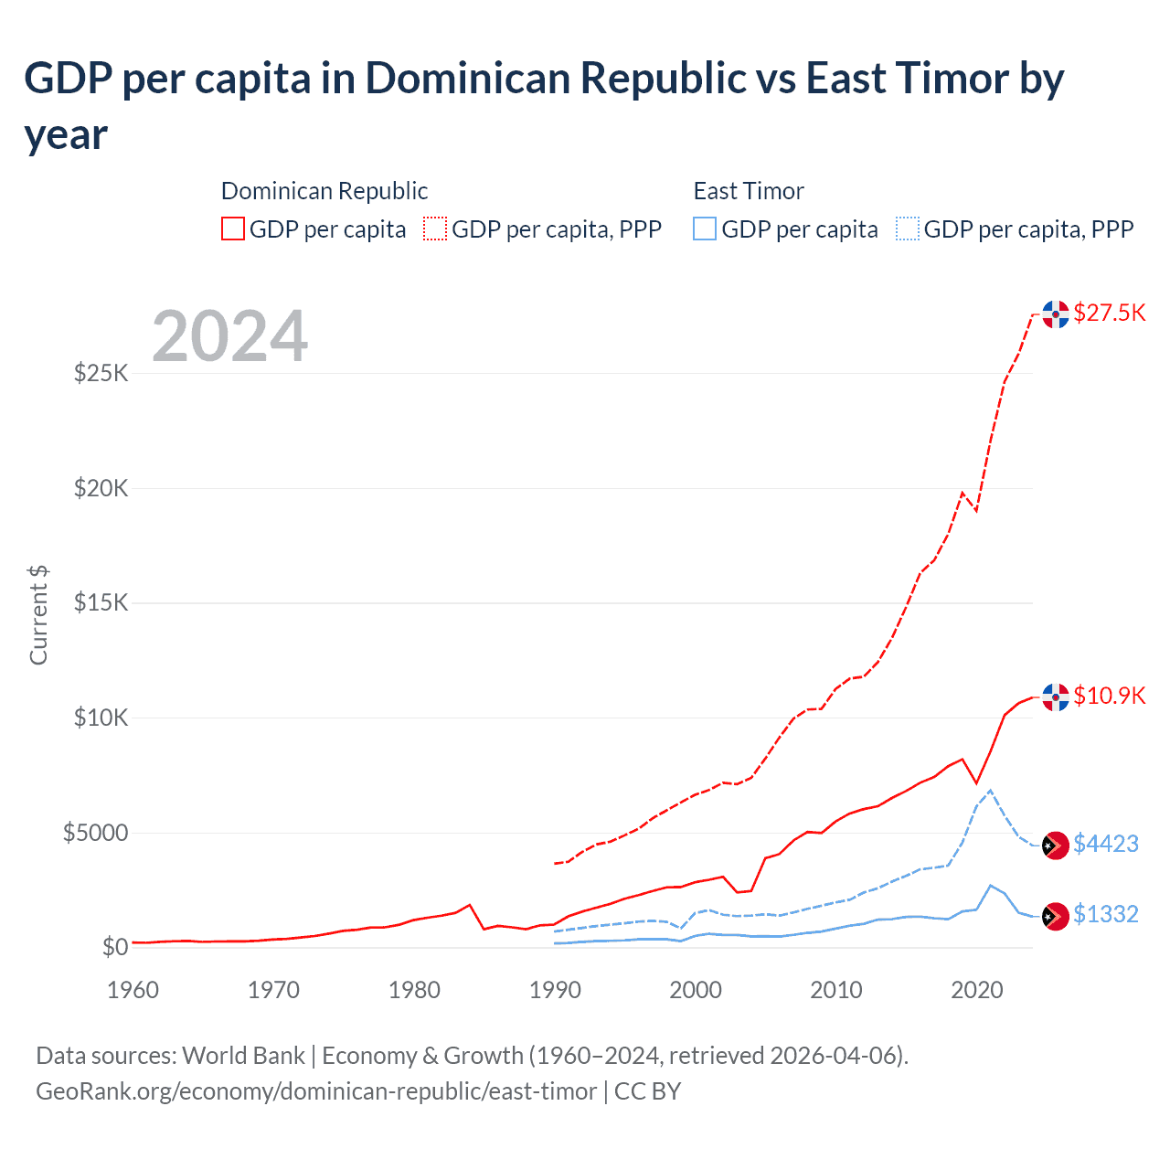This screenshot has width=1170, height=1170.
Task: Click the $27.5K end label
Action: pyautogui.click(x=1109, y=313)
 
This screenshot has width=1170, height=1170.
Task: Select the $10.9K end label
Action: pyautogui.click(x=1109, y=696)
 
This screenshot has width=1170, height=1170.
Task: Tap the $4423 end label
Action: pyautogui.click(x=1105, y=844)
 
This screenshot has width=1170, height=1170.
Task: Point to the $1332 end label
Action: pyautogui.click(x=1105, y=914)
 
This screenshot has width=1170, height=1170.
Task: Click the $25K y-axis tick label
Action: pyautogui.click(x=101, y=373)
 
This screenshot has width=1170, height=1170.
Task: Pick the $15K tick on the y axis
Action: pyautogui.click(x=101, y=603)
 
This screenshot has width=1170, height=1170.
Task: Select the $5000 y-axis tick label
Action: pyautogui.click(x=95, y=833)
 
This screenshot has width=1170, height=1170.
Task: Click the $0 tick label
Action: pyautogui.click(x=114, y=947)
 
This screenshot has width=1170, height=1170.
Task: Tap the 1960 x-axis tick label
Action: pyautogui.click(x=133, y=990)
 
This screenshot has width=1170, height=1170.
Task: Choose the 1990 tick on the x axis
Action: pyautogui.click(x=555, y=990)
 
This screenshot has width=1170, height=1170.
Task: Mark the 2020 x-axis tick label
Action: pyautogui.click(x=977, y=990)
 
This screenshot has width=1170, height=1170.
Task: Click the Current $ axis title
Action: pyautogui.click(x=38, y=615)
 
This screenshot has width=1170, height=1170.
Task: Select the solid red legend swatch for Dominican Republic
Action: pyautogui.click(x=233, y=229)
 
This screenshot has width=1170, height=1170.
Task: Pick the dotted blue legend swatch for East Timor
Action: pyautogui.click(x=908, y=229)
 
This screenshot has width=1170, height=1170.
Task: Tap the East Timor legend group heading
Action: pyautogui.click(x=749, y=191)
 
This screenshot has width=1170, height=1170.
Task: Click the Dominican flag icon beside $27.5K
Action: pyautogui.click(x=1056, y=314)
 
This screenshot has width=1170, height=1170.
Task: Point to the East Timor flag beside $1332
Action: pyautogui.click(x=1056, y=915)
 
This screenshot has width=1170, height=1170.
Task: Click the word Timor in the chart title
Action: pyautogui.click(x=952, y=79)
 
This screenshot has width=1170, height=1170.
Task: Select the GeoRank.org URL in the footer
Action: pyautogui.click(x=315, y=1091)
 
